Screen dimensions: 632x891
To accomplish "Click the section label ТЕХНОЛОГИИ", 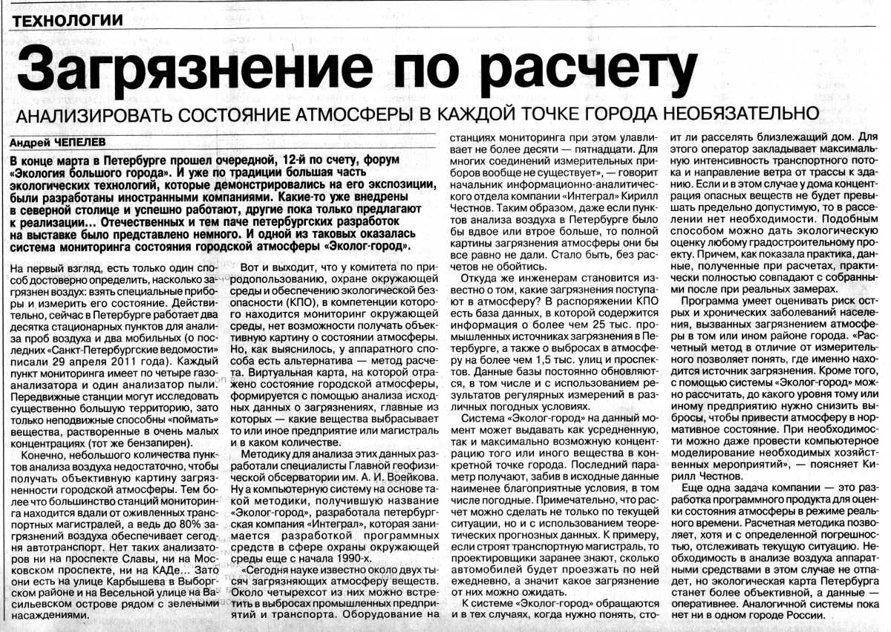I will [68, 21].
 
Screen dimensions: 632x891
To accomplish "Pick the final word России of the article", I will [825, 616].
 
